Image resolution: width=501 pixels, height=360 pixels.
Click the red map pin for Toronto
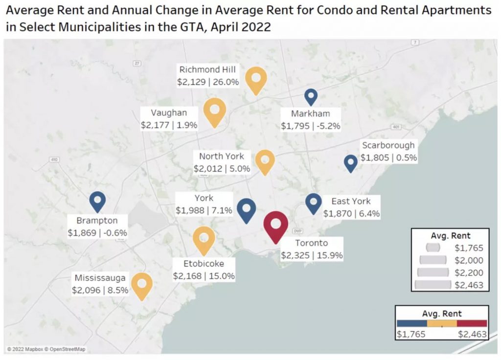click(275, 225)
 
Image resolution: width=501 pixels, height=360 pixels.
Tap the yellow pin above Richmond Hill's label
click(256, 79)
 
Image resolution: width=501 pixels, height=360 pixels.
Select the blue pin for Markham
click(311, 96)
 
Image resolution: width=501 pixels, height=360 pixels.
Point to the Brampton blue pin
click(97, 202)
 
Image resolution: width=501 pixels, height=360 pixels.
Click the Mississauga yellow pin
click(142, 285)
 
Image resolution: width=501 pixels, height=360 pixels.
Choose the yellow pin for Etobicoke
click(204, 239)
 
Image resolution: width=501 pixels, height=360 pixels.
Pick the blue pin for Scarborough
click(350, 163)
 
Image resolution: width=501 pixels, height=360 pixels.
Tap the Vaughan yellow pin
click(214, 111)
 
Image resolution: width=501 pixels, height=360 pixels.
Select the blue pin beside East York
click(313, 202)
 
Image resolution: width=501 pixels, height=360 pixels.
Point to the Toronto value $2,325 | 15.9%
click(312, 255)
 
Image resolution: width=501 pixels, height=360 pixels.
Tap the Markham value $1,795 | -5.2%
click(310, 126)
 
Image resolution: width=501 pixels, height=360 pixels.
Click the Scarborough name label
click(388, 145)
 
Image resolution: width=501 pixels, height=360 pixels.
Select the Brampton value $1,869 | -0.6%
click(97, 233)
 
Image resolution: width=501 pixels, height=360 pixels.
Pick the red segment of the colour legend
click(472, 323)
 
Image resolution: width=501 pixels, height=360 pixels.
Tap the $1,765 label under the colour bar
click(411, 334)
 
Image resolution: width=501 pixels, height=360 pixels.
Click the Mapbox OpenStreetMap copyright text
click(46, 349)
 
